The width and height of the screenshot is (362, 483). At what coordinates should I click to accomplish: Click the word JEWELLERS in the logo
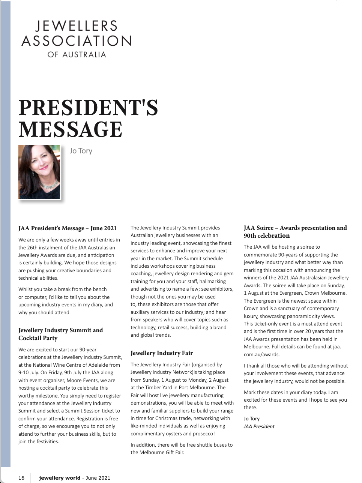click(77, 26)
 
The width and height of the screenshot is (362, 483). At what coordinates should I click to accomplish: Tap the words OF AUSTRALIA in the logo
click(77, 55)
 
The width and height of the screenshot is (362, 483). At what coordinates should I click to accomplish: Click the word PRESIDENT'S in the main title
click(88, 108)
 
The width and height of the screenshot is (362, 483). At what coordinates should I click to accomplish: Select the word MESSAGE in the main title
click(71, 130)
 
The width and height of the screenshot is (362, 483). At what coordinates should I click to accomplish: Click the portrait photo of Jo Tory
click(39, 172)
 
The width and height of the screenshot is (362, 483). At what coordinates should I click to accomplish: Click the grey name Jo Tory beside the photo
click(81, 151)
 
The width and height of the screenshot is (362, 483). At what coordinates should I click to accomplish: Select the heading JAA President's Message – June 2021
click(68, 228)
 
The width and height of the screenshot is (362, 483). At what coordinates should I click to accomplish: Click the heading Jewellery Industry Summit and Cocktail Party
click(60, 334)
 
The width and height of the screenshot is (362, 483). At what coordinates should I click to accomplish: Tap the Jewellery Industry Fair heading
click(162, 353)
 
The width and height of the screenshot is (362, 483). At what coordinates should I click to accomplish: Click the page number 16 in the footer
click(21, 478)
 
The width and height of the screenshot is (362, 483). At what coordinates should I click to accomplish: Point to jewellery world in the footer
click(60, 478)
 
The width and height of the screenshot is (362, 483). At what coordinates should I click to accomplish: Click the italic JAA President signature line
click(259, 426)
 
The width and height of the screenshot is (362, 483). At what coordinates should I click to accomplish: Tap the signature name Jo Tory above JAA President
click(251, 418)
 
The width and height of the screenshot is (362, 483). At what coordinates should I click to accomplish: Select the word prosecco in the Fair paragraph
click(203, 433)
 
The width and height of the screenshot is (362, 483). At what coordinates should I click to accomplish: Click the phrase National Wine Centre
click(59, 365)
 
